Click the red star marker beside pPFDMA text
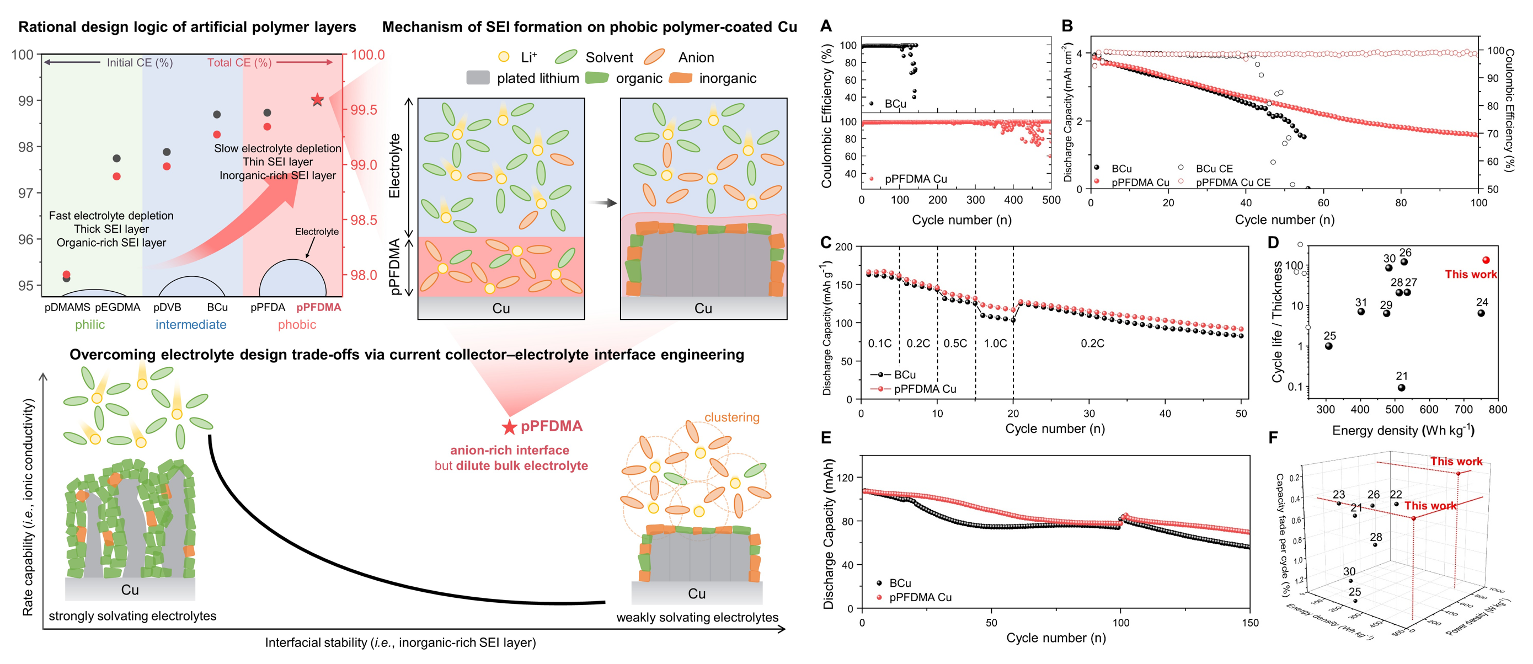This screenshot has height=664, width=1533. pos(509,427)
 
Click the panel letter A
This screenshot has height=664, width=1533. pos(825,26)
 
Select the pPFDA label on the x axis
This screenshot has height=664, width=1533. pos(268,308)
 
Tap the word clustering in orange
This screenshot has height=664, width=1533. pos(731,417)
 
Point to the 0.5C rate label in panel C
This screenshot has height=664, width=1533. pos(955,343)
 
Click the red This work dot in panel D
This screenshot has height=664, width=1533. pos(1486,260)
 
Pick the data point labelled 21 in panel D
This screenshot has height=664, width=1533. pos(1402,387)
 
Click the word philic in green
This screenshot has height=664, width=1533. pos(90,325)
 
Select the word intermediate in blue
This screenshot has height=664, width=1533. pos(190,325)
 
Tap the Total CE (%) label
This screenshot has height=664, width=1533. pos(239,62)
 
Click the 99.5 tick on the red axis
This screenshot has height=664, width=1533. pos(363,110)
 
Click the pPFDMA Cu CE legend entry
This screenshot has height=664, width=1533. pos(1232,182)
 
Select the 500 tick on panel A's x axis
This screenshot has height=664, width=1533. pos(1051,200)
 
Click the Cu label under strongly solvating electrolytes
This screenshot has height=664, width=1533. pos(130,590)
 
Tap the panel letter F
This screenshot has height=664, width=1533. pos(1274,438)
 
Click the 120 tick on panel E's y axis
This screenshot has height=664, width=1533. pos(846,477)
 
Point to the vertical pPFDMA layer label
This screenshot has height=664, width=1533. pos(394,266)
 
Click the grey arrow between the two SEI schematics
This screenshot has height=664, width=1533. pos(602,203)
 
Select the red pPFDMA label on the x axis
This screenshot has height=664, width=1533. pos(318,308)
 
